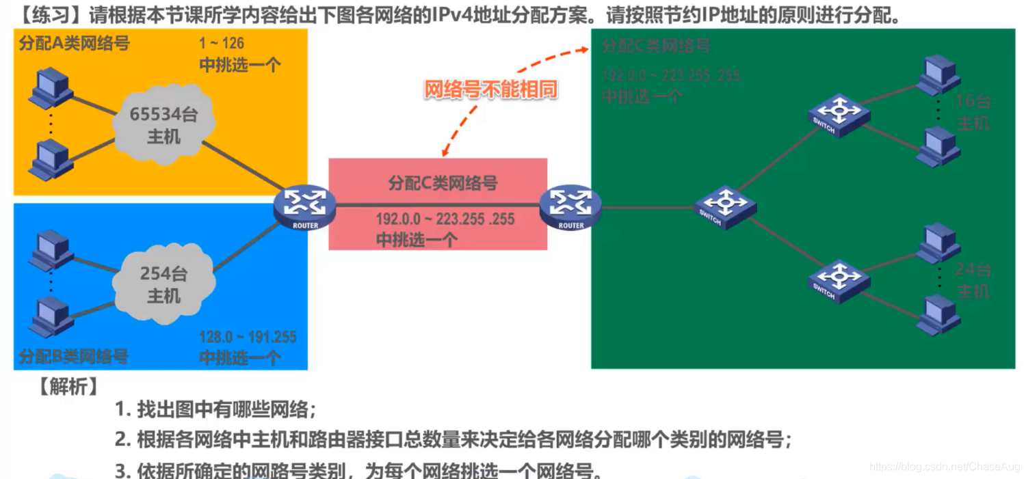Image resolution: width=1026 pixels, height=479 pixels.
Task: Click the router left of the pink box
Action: (x=304, y=206)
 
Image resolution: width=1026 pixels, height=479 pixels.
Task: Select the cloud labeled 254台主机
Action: (x=164, y=284)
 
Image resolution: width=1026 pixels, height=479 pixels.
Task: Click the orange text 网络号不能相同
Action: (x=491, y=90)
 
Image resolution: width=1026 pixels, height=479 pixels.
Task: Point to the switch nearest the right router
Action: (x=725, y=206)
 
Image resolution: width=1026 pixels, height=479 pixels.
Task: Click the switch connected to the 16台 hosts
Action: (x=838, y=114)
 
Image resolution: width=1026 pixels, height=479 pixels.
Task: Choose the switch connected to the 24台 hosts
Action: (x=839, y=280)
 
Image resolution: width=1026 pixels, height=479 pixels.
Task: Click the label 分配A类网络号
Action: (x=74, y=44)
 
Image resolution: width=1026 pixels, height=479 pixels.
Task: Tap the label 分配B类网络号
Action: (x=74, y=356)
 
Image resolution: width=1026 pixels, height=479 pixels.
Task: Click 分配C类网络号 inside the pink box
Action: (x=443, y=183)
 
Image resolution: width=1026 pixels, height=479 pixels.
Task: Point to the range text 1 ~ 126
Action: (x=222, y=44)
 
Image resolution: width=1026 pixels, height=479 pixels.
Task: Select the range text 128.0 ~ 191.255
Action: (x=248, y=337)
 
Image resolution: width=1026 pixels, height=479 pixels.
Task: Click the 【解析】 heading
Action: (x=68, y=387)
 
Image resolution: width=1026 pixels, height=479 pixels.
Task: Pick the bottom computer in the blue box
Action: (x=51, y=316)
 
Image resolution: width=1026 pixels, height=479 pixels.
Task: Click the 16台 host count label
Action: (x=973, y=102)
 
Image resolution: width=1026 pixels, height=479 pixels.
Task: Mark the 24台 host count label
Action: (x=973, y=269)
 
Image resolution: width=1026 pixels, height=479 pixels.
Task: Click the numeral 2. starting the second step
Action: (x=122, y=439)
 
